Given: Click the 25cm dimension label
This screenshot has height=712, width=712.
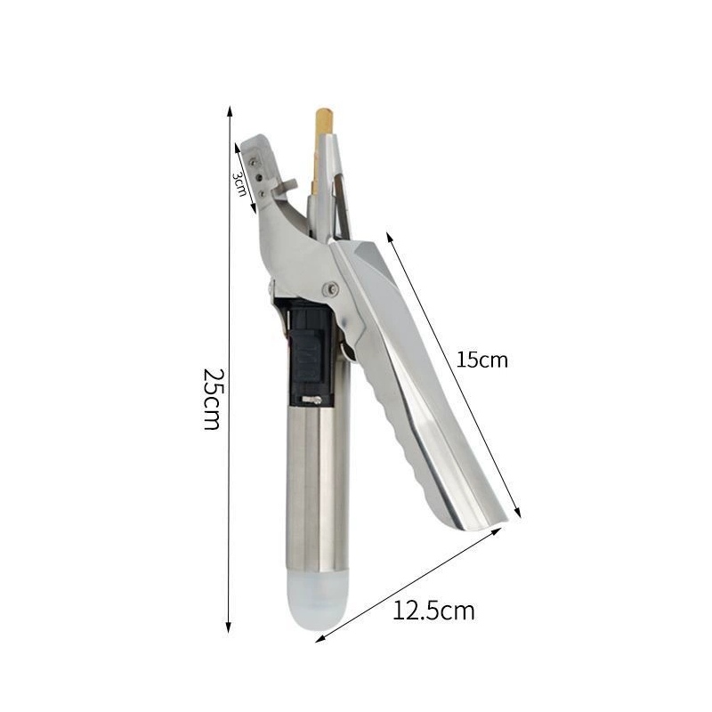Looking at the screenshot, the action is (x=213, y=399).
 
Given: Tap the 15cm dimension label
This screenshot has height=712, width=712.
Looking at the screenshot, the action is (x=481, y=360).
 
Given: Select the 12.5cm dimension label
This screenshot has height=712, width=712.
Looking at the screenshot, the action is (x=433, y=611).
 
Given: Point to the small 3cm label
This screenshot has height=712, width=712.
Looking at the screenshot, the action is (x=239, y=184).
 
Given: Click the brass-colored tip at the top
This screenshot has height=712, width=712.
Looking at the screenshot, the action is (x=324, y=121).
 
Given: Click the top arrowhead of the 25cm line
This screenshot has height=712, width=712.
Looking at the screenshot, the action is (x=230, y=111).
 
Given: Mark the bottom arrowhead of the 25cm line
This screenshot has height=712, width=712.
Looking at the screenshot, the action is (x=229, y=627).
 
